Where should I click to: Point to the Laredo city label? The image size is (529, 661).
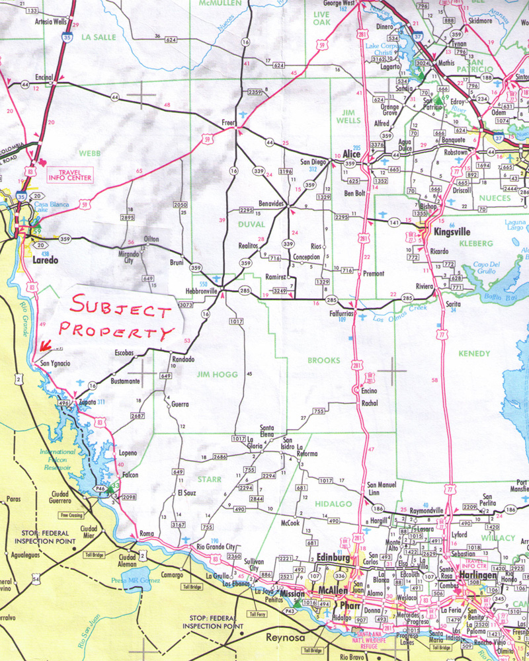45,260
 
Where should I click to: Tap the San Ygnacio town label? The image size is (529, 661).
55,363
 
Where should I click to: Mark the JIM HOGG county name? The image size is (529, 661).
212,374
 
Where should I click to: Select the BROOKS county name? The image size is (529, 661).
323,361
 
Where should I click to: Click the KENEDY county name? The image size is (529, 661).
475,354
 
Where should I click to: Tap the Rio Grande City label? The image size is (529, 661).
212,546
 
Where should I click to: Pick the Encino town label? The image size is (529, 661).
369,391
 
